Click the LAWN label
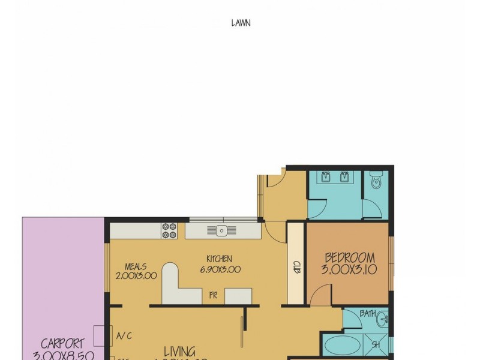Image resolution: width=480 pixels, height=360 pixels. pyautogui.click(x=241, y=23)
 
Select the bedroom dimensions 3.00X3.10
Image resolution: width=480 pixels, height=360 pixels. pyautogui.click(x=349, y=270)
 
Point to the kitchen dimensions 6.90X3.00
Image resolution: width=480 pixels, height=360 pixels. pyautogui.click(x=220, y=269)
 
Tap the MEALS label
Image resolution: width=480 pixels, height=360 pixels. pyautogui.click(x=136, y=266)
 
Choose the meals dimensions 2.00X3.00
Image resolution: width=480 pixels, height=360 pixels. pyautogui.click(x=136, y=276)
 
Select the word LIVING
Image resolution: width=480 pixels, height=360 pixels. pyautogui.click(x=179, y=352)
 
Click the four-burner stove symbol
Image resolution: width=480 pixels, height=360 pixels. pyautogui.click(x=169, y=230)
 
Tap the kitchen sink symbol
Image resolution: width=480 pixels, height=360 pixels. pyautogui.click(x=221, y=230)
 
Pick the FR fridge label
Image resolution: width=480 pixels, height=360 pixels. pyautogui.click(x=212, y=295)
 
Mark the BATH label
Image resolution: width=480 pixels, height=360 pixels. pyautogui.click(x=368, y=313)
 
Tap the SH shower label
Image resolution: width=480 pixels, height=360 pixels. pyautogui.click(x=375, y=344)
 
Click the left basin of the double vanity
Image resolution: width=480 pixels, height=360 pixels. pyautogui.click(x=326, y=178)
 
